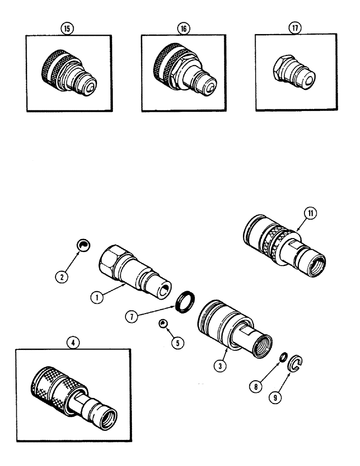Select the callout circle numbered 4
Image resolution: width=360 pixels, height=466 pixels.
pyautogui.click(x=78, y=342)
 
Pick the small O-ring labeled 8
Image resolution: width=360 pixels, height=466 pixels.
pyautogui.click(x=282, y=357)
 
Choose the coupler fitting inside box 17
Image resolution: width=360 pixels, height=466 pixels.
pyautogui.click(x=293, y=73)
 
